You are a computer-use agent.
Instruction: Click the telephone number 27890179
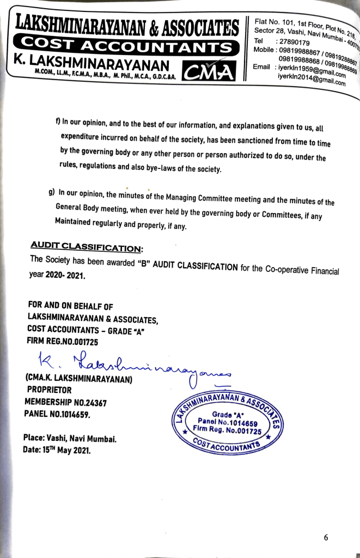pyautogui.click(x=294, y=42)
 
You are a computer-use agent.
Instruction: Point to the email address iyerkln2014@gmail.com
pyautogui.click(x=312, y=80)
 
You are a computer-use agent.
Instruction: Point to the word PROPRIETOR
pyautogui.click(x=49, y=390)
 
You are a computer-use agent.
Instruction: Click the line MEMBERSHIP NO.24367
pyautogui.click(x=65, y=402)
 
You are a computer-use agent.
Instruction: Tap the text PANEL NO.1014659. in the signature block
pyautogui.click(x=58, y=414)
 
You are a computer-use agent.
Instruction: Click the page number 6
pyautogui.click(x=326, y=537)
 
